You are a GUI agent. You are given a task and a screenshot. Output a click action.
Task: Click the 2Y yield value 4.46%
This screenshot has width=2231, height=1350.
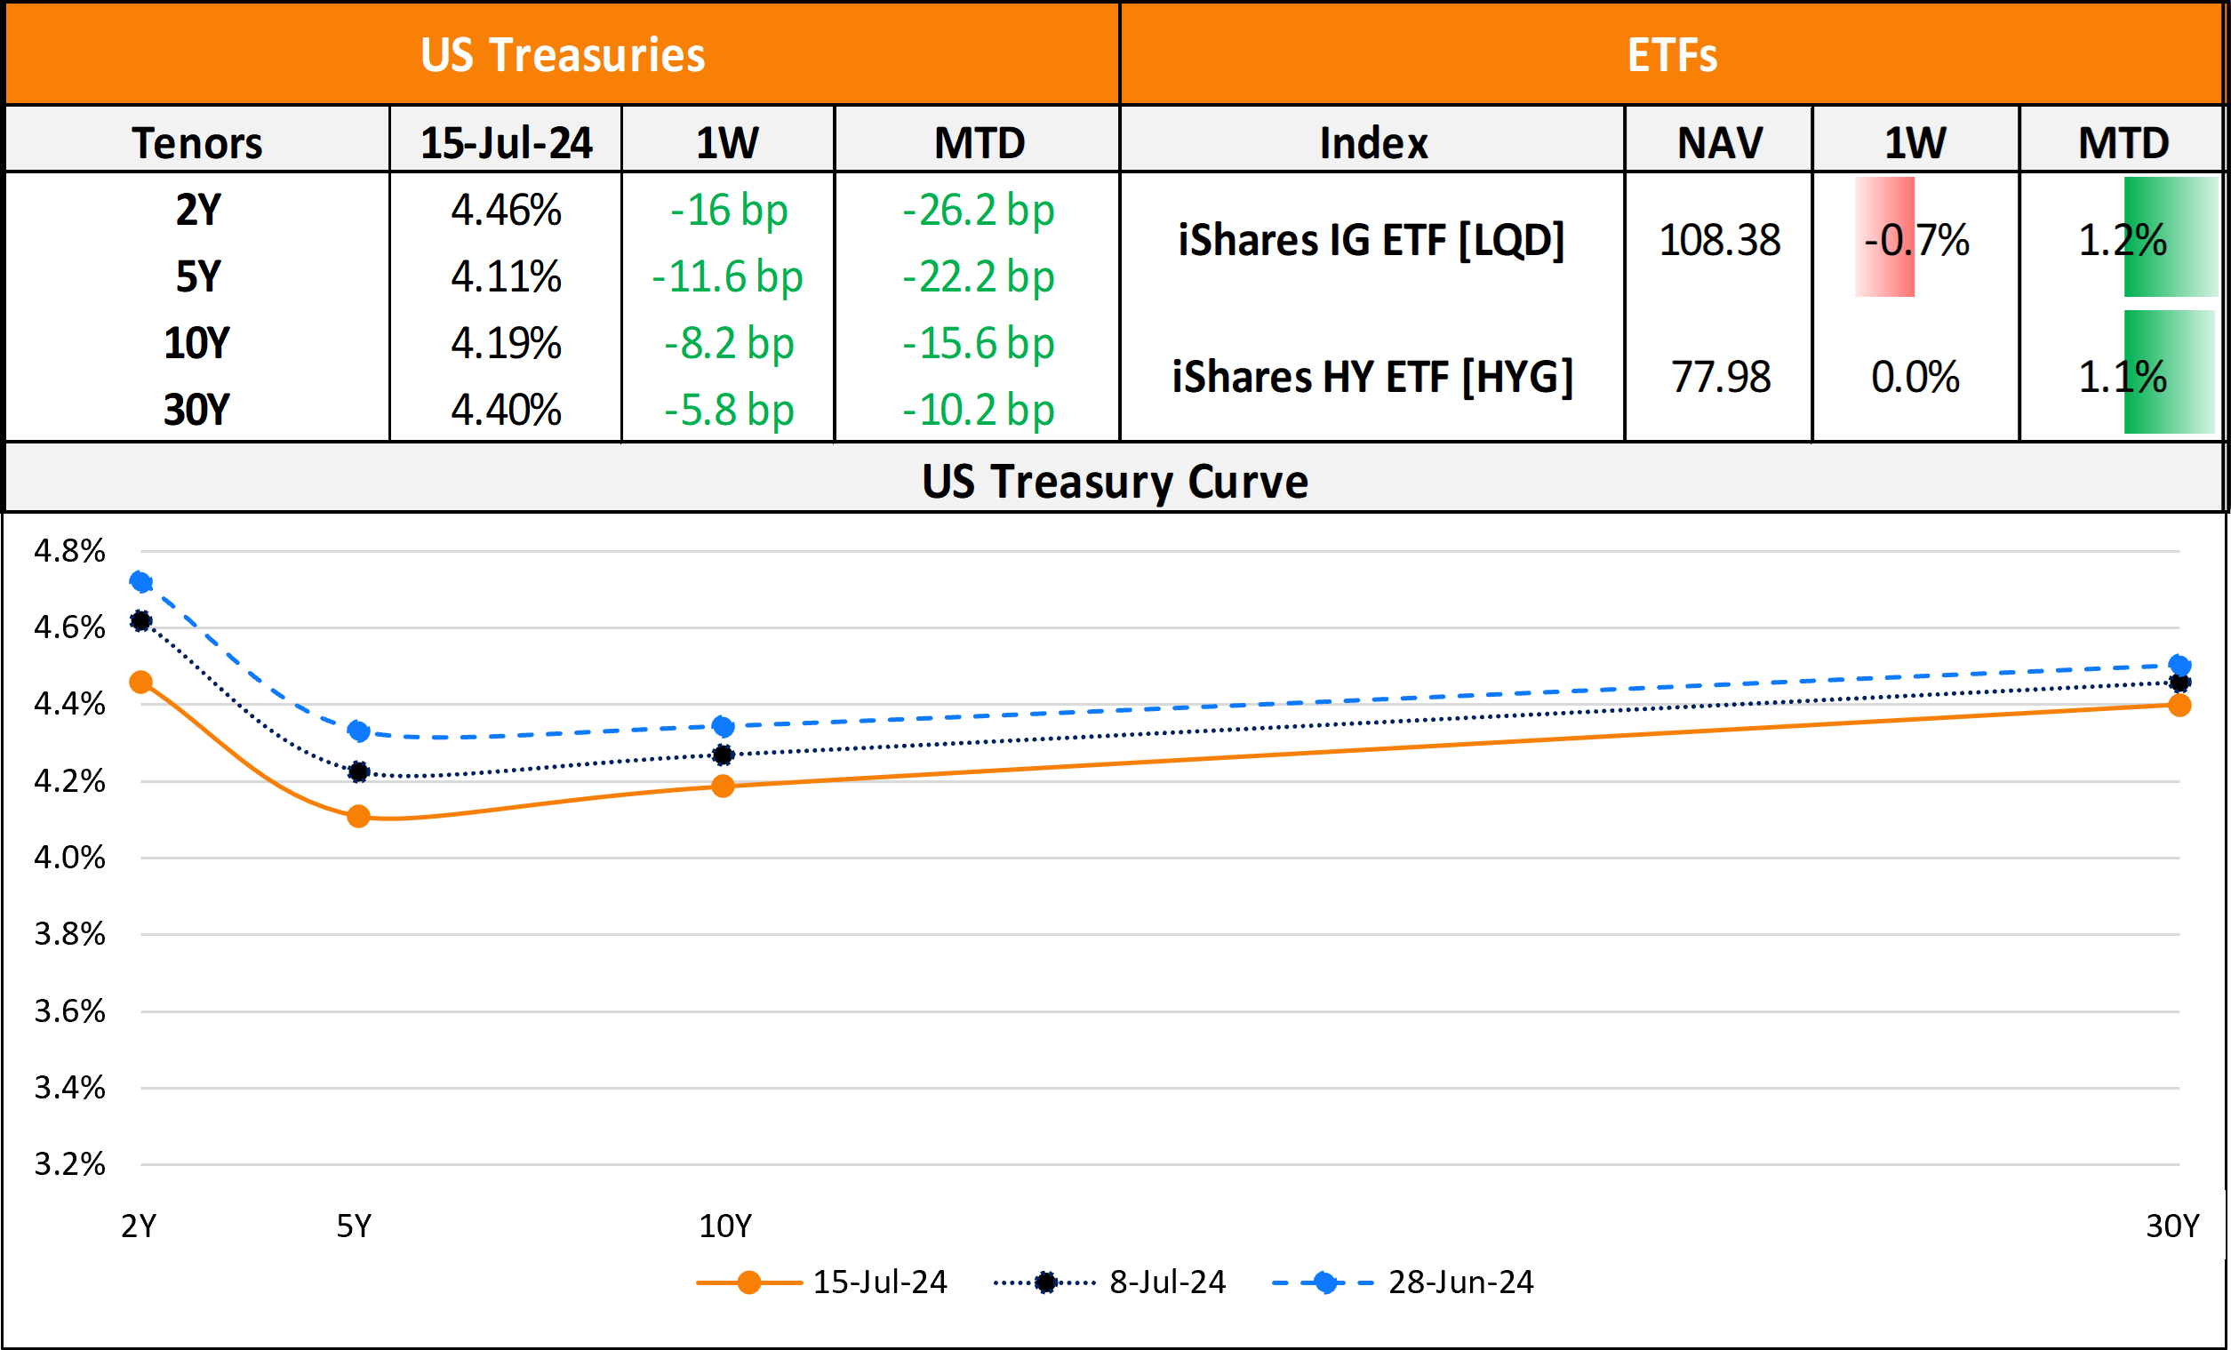[x=506, y=210]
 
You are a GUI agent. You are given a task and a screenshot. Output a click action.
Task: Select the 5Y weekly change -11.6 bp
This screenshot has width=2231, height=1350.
[x=727, y=276]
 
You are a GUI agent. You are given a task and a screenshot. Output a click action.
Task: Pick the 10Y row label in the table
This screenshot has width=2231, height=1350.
[x=196, y=343]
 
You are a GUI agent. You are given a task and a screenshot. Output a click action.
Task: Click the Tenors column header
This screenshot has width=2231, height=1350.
[x=196, y=143]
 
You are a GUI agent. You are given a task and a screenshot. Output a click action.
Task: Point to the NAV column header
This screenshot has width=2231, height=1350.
[x=1718, y=143]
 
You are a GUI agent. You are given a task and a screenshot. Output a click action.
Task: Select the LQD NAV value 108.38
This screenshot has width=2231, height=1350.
[x=1718, y=240]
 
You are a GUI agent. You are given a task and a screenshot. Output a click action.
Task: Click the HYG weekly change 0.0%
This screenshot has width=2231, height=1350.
[x=1915, y=377]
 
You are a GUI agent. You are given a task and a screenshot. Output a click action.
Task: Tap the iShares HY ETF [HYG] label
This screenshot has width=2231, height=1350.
[x=1371, y=377]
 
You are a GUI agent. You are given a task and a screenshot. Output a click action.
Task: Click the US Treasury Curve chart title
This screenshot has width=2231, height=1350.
[x=1115, y=481]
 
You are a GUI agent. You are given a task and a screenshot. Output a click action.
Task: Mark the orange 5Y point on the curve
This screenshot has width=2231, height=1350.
[x=358, y=816]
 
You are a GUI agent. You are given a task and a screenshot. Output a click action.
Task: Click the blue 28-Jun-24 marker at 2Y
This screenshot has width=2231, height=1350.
[x=140, y=581]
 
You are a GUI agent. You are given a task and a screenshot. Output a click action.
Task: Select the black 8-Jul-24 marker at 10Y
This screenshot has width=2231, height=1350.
[x=723, y=755]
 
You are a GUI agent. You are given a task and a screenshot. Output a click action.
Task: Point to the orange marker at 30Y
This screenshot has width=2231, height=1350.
[x=2179, y=706]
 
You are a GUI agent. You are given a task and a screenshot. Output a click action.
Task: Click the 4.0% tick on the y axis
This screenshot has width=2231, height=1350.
[x=69, y=858]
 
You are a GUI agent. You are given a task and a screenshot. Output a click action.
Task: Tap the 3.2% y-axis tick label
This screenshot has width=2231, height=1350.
[x=69, y=1163]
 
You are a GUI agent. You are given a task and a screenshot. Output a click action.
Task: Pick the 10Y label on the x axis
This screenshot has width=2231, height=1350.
[x=724, y=1226]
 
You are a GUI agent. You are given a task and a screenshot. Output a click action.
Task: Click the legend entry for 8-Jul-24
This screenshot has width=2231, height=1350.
[x=1166, y=1282]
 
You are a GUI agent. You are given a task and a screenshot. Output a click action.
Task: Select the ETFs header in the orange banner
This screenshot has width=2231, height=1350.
[x=1671, y=54]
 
